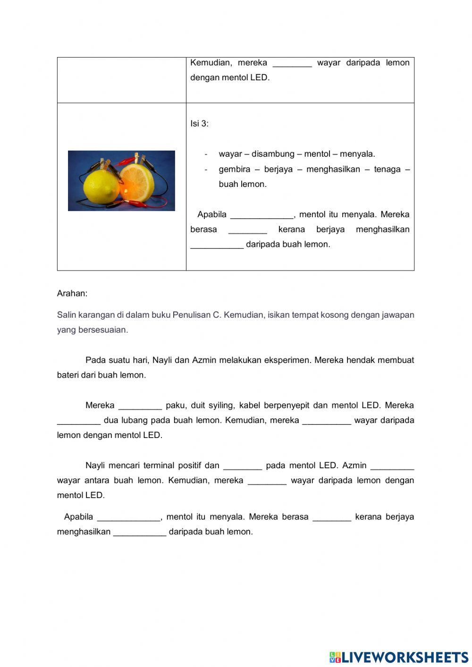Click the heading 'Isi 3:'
(199, 124)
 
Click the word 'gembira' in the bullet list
(234, 169)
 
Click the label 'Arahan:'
(72, 294)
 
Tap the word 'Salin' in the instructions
(66, 315)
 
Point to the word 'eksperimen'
(288, 360)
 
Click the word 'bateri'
(67, 375)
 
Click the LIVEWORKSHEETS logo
(399, 657)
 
